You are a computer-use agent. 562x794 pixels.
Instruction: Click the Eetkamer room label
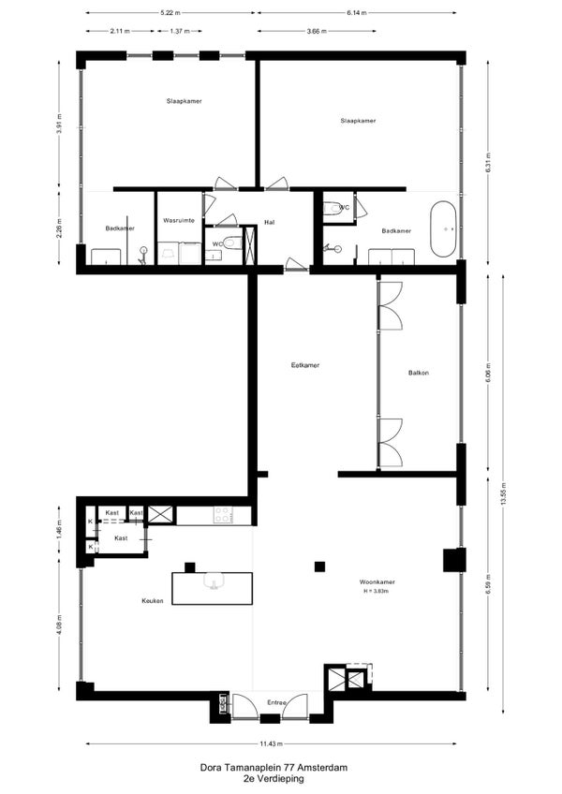coord(305,365)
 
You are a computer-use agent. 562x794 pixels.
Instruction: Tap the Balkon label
coord(419,373)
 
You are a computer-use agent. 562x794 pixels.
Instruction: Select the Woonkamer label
coord(377,581)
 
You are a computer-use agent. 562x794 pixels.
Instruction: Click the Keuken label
coord(153,601)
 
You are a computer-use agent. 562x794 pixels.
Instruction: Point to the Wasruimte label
coord(179,221)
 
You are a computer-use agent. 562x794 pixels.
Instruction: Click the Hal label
coord(270,222)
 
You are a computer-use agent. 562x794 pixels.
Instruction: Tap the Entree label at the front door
coord(277,703)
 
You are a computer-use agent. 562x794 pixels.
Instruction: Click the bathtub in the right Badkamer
coord(443,228)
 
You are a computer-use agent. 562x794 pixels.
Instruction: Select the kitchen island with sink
coord(213,588)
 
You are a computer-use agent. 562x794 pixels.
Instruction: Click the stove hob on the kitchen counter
coord(223,515)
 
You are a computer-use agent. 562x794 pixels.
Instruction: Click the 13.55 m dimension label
coord(503,494)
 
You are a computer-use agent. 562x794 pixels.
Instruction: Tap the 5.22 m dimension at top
coord(170,13)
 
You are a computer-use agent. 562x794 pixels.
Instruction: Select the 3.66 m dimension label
coord(317,31)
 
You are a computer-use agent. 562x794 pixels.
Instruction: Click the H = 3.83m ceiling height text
coord(376,591)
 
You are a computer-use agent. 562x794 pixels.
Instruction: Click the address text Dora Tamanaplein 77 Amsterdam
coord(274,768)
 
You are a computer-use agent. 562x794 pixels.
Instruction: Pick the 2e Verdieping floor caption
coord(274,779)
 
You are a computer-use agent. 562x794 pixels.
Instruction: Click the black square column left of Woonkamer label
coord(319,566)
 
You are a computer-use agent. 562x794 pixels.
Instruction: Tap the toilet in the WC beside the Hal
coord(232,243)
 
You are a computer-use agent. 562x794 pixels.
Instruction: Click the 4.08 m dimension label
coord(59,624)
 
